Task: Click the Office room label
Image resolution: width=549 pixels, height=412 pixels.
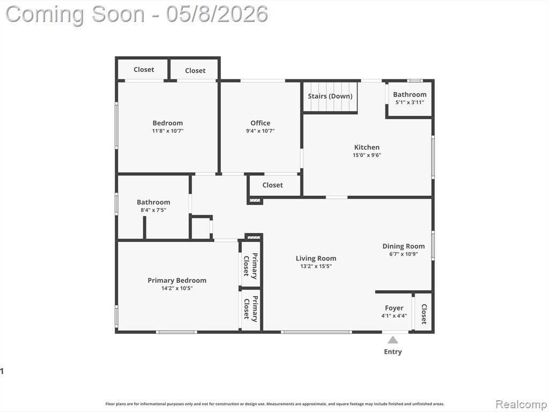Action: pos(260,123)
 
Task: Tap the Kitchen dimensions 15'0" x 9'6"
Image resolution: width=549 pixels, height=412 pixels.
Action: pos(367,155)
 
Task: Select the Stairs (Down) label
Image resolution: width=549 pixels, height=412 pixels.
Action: pos(330,96)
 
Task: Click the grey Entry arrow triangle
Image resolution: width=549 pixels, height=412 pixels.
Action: pos(393,340)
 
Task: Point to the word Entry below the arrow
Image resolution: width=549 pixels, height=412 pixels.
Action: pos(393,352)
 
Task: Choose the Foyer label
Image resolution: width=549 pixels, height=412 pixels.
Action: pos(394,308)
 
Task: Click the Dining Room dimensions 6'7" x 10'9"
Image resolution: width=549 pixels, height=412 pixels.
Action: pos(403,254)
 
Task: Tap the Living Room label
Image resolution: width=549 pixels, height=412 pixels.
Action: pos(316,258)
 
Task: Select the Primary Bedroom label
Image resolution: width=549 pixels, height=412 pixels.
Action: pos(177,280)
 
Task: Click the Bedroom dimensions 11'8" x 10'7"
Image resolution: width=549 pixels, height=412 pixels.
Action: pos(168,131)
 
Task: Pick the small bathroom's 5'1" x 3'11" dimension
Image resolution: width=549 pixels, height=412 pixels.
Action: pos(410,102)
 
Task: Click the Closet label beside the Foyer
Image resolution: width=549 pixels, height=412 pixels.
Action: pos(424,314)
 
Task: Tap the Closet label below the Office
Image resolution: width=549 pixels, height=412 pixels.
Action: pos(272,185)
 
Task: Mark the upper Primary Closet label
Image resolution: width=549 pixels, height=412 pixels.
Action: pos(251,266)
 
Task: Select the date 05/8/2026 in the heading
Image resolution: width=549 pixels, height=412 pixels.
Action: pos(217,14)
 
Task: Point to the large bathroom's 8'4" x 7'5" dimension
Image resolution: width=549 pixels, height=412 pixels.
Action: pos(153,210)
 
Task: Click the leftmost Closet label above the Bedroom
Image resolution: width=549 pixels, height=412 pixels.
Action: pos(144,69)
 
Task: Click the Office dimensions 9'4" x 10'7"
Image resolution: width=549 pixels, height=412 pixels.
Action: pos(260,131)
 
